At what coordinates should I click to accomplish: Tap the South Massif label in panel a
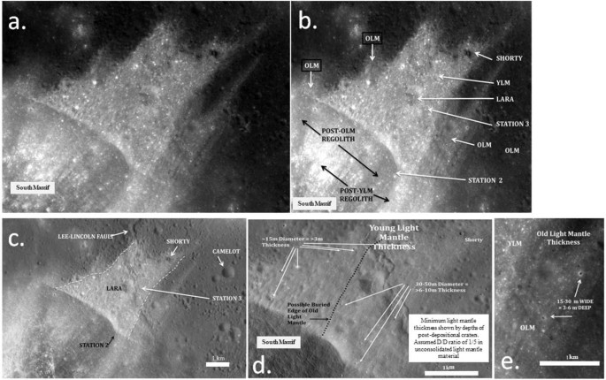click(x=34, y=186)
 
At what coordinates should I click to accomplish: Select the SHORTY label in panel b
click(x=509, y=58)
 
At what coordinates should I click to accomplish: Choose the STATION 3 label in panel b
click(x=509, y=125)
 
